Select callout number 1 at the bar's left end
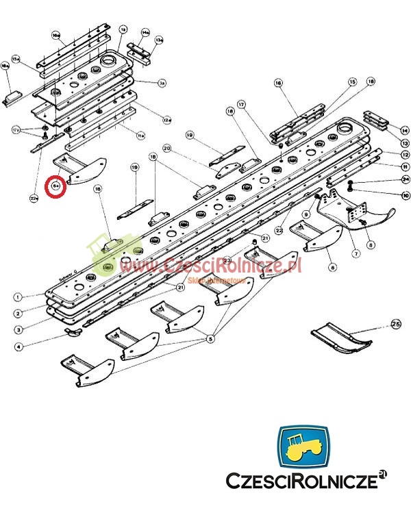click(x=18, y=297)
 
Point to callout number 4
click(x=18, y=347)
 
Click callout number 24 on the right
click(x=406, y=180)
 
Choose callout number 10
click(x=406, y=196)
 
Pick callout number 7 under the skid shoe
click(x=356, y=254)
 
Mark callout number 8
click(x=371, y=244)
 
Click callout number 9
click(x=306, y=214)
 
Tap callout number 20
click(x=166, y=149)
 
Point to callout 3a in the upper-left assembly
click(x=162, y=83)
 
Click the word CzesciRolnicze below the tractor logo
click(x=301, y=480)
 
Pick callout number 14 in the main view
click(x=405, y=129)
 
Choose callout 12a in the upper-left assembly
click(x=166, y=121)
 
